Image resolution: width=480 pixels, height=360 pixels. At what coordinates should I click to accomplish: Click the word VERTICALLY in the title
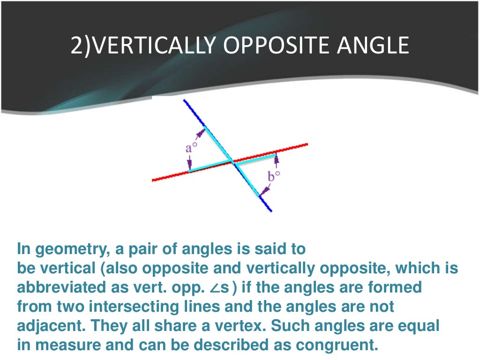145,46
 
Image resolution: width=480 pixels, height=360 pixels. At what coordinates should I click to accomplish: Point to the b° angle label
274,177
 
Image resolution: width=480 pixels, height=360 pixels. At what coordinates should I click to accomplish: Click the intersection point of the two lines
232,162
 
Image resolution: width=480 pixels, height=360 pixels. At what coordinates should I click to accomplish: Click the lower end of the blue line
270,210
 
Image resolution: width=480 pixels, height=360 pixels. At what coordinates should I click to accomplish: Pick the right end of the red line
307,144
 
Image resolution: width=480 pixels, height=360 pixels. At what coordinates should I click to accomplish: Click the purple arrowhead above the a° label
201,132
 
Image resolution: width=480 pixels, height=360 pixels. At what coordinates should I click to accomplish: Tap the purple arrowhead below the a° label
189,165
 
